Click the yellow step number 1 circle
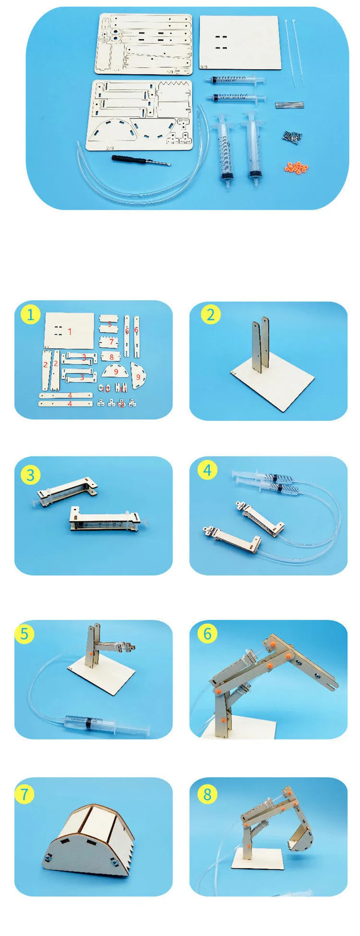pyautogui.click(x=31, y=315)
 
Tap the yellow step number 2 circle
pyautogui.click(x=210, y=315)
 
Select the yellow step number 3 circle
pyautogui.click(x=31, y=475)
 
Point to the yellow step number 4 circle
pyautogui.click(x=207, y=470)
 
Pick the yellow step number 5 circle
pyautogui.click(x=24, y=633)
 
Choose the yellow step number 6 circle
pyautogui.click(x=207, y=633)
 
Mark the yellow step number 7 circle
pyautogui.click(x=24, y=794)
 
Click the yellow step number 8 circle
pyautogui.click(x=207, y=794)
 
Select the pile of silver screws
pyautogui.click(x=293, y=136)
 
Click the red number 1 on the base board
pyautogui.click(x=70, y=331)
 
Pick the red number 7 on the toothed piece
pyautogui.click(x=111, y=342)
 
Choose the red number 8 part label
pyautogui.click(x=111, y=357)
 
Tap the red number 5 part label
pyautogui.click(x=109, y=324)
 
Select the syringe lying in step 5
pyautogui.click(x=106, y=722)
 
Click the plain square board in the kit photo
pyautogui.click(x=239, y=42)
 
